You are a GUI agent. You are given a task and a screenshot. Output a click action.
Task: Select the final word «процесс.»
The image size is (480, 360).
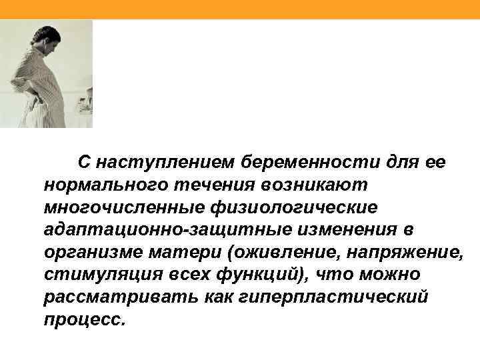coord(85,321)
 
